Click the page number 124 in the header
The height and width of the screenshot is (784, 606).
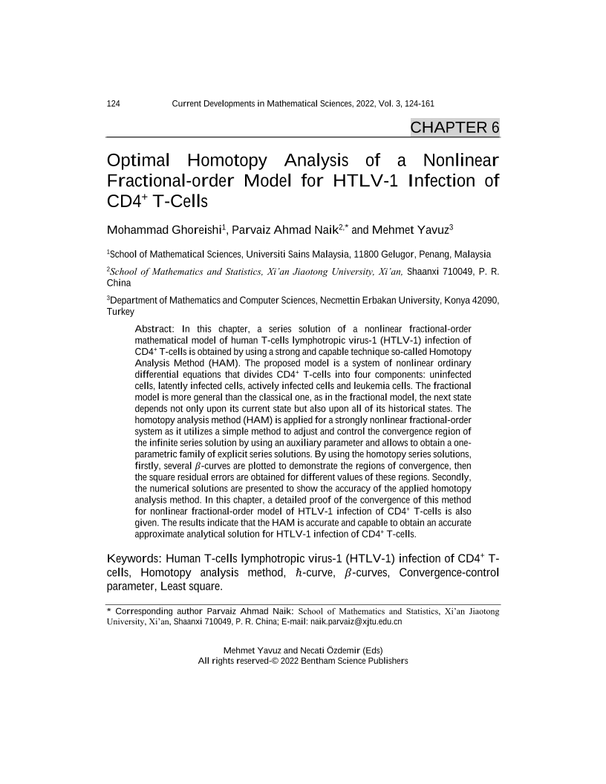click(x=115, y=104)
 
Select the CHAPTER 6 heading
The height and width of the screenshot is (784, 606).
click(x=454, y=127)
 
